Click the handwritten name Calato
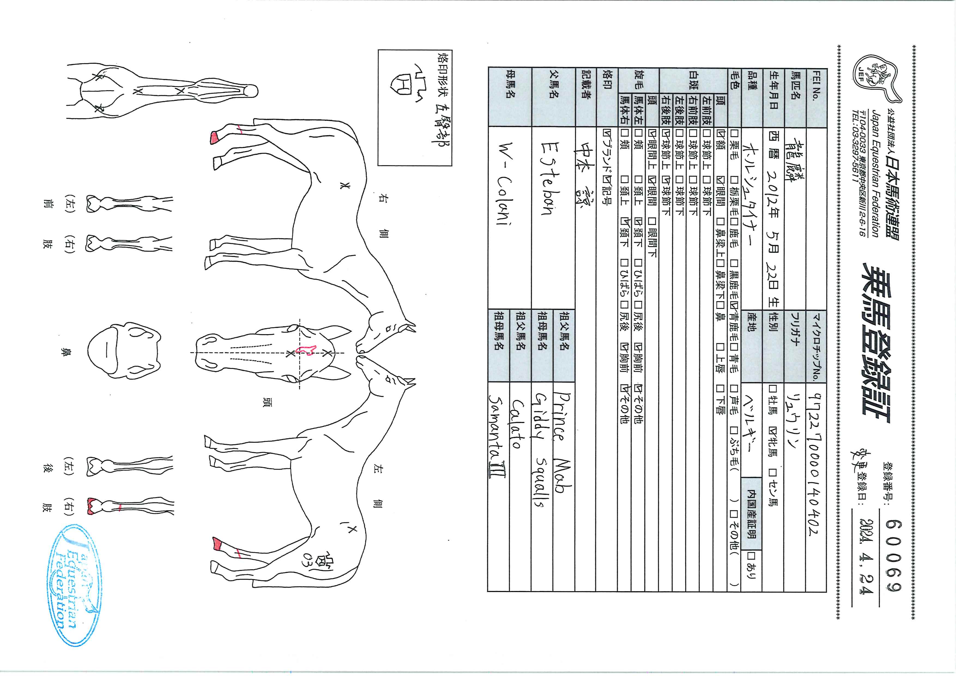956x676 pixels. point(518,425)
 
